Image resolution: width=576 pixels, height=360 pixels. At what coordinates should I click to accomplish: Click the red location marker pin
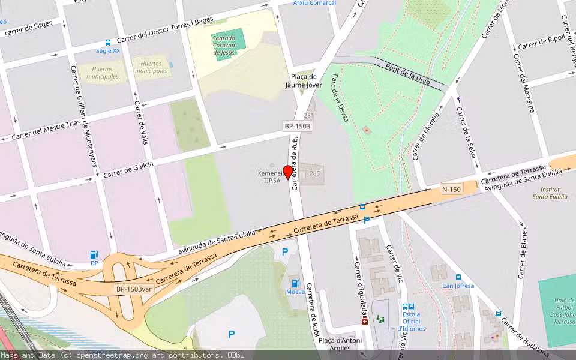click(288, 172)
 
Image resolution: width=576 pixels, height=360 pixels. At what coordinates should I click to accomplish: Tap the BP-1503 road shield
click(298, 126)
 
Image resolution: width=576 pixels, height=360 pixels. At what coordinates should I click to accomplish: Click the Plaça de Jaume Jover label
click(303, 81)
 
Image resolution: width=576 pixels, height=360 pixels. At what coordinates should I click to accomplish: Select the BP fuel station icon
click(94, 254)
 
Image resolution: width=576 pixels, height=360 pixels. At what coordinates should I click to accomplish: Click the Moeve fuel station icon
click(295, 283)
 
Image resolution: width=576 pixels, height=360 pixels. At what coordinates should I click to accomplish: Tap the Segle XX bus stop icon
click(108, 43)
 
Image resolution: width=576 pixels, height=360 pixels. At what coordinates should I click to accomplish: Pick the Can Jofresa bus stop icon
click(458, 277)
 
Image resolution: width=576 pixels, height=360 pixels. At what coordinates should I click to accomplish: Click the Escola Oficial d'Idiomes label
click(411, 321)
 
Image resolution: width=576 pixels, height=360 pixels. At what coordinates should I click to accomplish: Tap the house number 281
click(308, 115)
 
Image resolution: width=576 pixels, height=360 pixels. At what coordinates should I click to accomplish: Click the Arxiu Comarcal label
click(314, 3)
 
